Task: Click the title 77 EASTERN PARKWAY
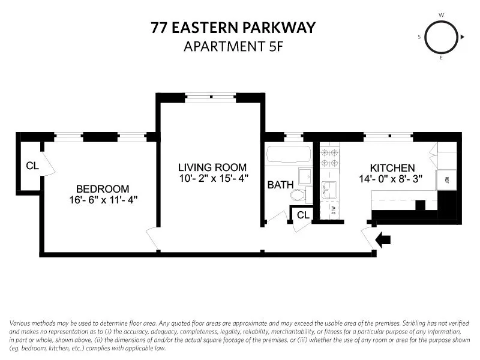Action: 232,28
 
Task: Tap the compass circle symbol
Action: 442,37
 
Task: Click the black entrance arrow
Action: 383,240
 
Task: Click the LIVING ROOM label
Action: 212,167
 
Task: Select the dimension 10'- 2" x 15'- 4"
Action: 212,178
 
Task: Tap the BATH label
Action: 280,185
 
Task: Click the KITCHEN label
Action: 392,169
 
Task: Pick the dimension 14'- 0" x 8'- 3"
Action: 392,179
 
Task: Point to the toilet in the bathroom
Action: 298,194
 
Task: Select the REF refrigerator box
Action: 446,179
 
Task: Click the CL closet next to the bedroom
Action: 32,166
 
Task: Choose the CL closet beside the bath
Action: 303,214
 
